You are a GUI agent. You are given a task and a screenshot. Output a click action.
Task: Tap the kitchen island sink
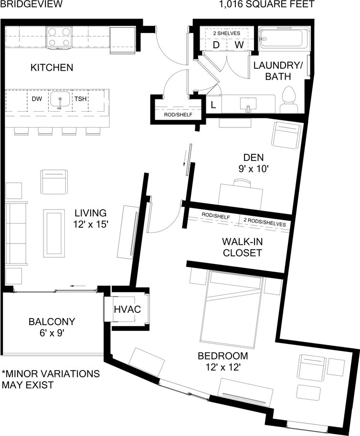[x=60, y=99]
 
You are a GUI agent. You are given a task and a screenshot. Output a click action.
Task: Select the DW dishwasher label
[x=37, y=99]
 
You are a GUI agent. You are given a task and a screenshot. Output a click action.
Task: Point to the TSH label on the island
[x=80, y=99]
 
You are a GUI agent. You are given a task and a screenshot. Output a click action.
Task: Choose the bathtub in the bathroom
[x=285, y=39]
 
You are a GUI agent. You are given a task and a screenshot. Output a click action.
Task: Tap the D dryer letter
[x=216, y=45]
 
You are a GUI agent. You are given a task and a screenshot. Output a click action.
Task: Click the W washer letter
[x=239, y=45]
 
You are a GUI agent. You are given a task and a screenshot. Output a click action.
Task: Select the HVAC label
[x=127, y=309]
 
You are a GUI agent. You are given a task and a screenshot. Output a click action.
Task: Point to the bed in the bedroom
[x=232, y=308]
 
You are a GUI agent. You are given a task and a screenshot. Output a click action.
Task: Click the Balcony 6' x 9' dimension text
[x=52, y=333]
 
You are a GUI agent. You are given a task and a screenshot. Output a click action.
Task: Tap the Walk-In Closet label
[x=243, y=247]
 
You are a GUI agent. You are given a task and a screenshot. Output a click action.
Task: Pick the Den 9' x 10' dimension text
[x=253, y=169]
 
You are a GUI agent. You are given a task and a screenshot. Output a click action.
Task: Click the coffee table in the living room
[x=54, y=234]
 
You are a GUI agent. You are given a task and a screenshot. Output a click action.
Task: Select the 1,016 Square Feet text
[x=267, y=4]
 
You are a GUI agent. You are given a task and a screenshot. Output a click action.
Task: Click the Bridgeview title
[x=31, y=4]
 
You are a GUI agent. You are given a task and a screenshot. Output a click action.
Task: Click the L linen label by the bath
[x=213, y=105]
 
